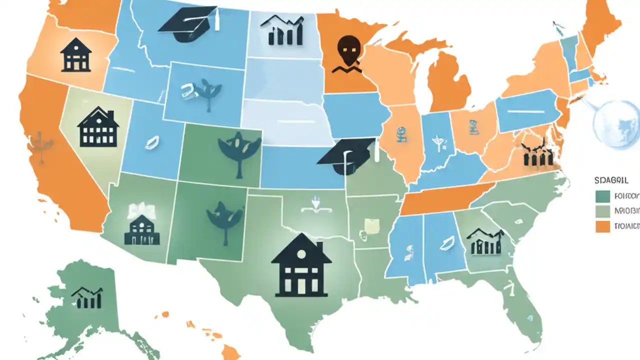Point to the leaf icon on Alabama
[445, 242]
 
